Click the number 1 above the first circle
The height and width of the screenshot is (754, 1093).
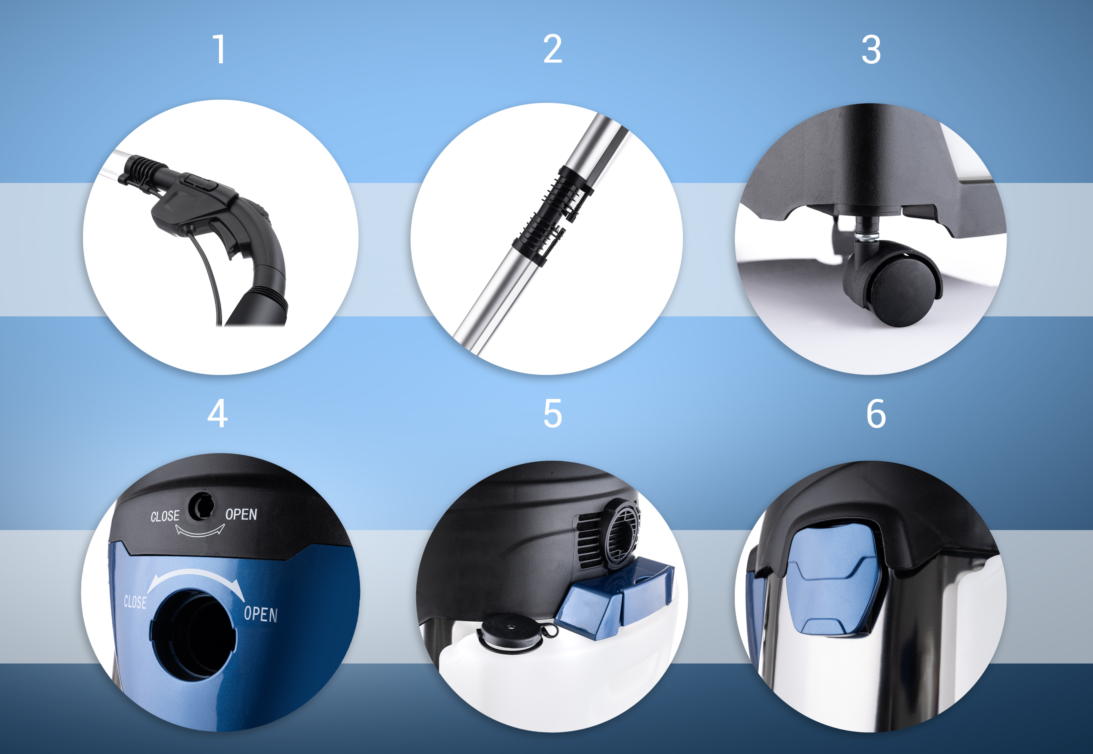[219, 49]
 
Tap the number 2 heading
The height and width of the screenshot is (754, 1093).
[552, 49]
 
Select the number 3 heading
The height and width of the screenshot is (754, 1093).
[871, 49]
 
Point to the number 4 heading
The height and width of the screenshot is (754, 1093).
[217, 414]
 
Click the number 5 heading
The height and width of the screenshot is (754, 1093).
[552, 414]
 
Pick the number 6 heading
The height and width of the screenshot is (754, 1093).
[876, 414]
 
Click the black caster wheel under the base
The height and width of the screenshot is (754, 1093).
[894, 283]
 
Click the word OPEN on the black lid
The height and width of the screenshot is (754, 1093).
[241, 514]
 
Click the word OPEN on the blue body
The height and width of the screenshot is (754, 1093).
[260, 614]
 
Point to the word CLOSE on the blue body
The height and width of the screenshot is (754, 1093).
[135, 602]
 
